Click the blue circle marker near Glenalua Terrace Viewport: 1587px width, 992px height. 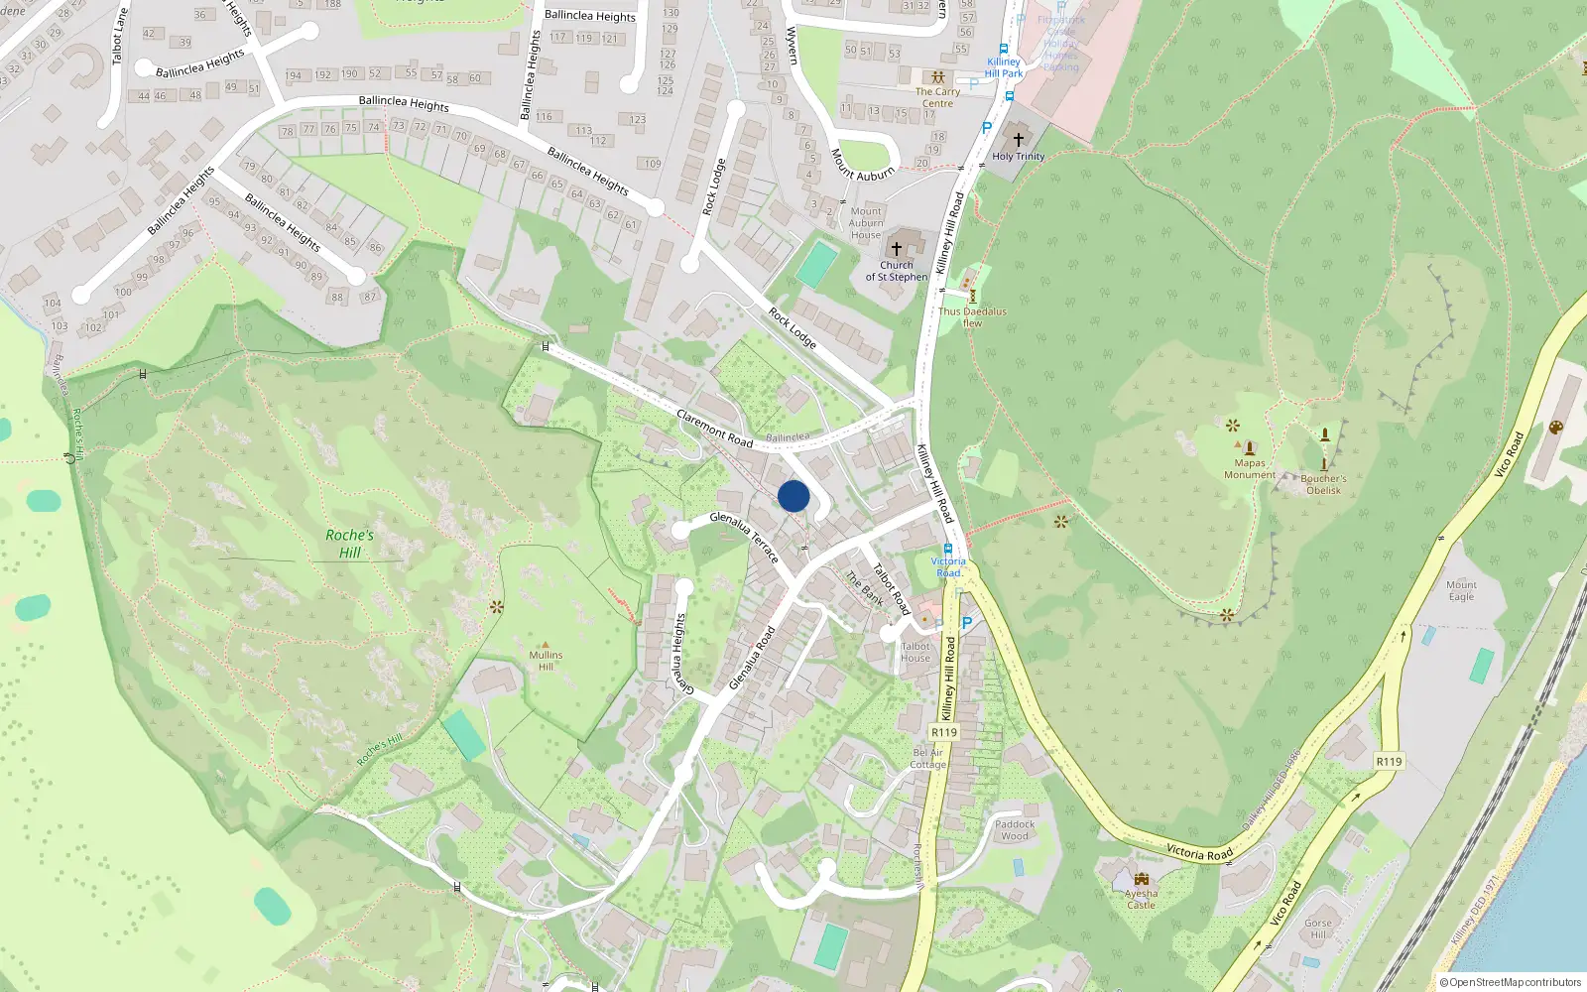pos(793,496)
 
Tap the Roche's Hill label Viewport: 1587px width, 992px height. pos(350,544)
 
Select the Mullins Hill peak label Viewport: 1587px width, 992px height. pos(546,660)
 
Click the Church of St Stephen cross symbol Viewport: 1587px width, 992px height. pos(897,249)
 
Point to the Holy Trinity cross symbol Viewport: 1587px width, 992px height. pos(1018,140)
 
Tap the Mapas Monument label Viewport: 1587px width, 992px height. pos(1250,468)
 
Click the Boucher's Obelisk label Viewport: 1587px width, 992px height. pos(1323,484)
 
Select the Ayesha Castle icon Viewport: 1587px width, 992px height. pos(1141,879)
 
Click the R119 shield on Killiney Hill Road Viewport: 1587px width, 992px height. pos(944,732)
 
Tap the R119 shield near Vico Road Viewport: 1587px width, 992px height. pos(1389,762)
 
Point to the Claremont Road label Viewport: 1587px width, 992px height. pos(714,428)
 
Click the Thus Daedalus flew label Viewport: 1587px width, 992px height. pos(972,316)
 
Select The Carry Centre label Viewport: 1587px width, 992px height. pos(937,97)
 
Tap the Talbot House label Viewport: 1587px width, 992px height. pos(916,652)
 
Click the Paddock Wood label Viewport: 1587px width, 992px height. pos(1015,829)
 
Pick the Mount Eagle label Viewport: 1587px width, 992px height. pos(1461,590)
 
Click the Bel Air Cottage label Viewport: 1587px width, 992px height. pos(928,758)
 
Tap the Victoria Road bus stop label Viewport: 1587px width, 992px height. pos(948,566)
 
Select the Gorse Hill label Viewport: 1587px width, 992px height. pos(1318,929)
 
